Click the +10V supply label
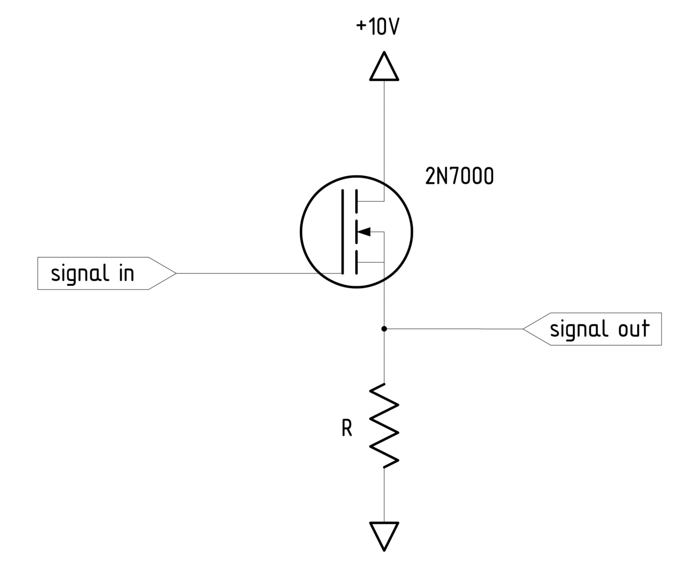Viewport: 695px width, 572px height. click(377, 27)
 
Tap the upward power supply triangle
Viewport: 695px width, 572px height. click(384, 68)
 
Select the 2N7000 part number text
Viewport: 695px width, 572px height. click(459, 177)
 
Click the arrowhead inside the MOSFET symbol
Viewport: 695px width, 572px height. click(364, 232)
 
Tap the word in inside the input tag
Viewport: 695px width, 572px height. click(126, 273)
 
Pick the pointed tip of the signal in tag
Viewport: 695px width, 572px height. click(175, 273)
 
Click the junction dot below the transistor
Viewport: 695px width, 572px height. click(384, 329)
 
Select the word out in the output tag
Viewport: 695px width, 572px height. click(634, 329)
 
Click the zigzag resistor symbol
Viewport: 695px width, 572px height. click(384, 425)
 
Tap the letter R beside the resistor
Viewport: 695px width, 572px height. click(347, 429)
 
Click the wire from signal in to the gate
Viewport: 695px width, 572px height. click(248, 273)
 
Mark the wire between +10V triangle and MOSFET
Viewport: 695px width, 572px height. click(384, 129)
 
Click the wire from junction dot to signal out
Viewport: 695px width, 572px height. click(453, 329)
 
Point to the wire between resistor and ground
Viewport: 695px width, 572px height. click(384, 494)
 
